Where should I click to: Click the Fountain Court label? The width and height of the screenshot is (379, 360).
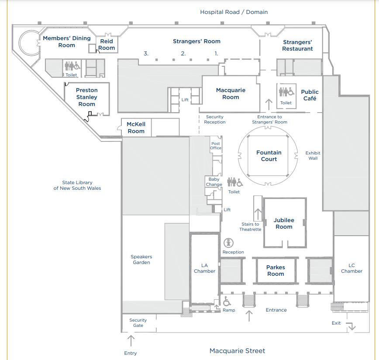coord(269,156)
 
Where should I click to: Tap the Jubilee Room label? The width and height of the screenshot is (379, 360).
coord(284,223)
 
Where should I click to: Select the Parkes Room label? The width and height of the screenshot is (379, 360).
coord(276,271)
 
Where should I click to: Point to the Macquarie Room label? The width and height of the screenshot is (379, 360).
coord(231,94)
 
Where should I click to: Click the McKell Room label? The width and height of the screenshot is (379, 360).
coord(136,127)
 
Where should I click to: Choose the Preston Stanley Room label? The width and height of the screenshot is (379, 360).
coord(87,97)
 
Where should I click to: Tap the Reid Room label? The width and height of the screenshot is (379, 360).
coord(107,45)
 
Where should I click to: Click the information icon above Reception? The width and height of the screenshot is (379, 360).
coord(228,243)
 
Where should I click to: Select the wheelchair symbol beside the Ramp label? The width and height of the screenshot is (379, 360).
coord(227,301)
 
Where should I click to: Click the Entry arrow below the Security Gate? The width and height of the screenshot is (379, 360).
coord(131,341)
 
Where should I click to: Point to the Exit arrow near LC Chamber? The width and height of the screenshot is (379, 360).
coord(351,326)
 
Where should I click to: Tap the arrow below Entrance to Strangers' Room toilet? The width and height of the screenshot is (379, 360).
coord(269,105)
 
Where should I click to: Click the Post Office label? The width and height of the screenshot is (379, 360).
coord(216,146)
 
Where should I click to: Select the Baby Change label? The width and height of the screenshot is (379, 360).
coord(214,182)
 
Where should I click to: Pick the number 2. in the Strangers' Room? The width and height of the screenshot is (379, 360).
coord(183,53)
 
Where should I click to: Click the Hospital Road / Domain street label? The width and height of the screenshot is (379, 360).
coord(234,12)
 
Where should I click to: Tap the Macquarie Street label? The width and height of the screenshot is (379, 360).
coord(237,351)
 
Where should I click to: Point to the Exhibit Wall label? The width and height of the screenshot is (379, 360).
coord(313,156)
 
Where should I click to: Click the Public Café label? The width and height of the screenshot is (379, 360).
coord(310,95)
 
